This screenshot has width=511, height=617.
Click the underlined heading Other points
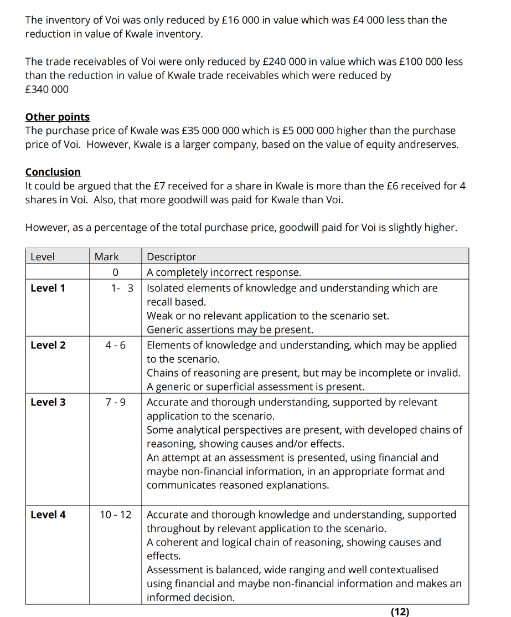(x=57, y=117)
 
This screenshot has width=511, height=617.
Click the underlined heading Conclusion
(x=53, y=172)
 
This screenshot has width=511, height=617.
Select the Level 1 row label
(x=48, y=288)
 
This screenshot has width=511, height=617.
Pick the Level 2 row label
(x=48, y=345)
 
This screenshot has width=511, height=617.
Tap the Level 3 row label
(x=48, y=402)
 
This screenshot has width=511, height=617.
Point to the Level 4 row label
(x=48, y=515)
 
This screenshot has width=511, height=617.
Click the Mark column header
(x=106, y=256)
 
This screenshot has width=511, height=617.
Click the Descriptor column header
(x=171, y=256)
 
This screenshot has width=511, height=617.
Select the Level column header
(x=43, y=256)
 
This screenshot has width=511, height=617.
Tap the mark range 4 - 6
(x=115, y=345)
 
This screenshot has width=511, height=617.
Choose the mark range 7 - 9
(x=115, y=402)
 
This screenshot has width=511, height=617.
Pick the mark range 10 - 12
(x=115, y=515)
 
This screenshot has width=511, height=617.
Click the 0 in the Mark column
(x=115, y=272)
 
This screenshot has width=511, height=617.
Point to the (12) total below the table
(x=400, y=611)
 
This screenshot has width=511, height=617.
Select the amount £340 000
(x=47, y=89)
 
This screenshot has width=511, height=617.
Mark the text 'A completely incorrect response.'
(x=224, y=272)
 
